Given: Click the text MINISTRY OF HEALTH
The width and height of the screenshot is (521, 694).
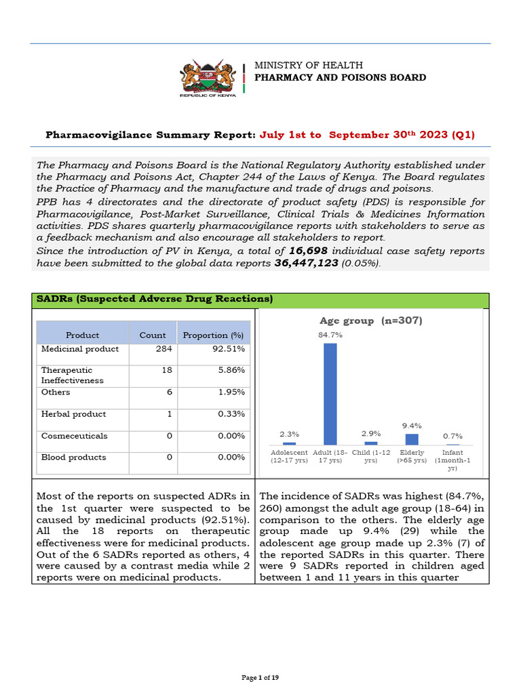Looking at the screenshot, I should pos(308,65).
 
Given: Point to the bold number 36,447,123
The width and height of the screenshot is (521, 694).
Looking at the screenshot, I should pos(306,263).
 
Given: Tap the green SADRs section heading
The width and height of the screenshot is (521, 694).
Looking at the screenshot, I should pos(155,299).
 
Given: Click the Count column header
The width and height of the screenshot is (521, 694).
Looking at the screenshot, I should pos(152,335).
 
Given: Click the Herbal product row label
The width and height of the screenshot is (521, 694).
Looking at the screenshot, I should pos(73,414).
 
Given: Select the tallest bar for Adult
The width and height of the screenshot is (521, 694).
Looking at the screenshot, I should pos(330,394).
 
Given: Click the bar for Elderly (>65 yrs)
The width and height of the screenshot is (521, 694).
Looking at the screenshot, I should pos(411,439).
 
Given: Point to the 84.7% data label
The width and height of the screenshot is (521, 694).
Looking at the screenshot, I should pos(330,335).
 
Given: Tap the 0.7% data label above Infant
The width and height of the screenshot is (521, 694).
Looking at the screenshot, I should pos(452,436).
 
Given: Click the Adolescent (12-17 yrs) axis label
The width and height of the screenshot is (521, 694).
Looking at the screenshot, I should pos(289,456).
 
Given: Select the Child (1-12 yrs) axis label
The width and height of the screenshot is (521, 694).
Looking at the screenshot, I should pos(370,456).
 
